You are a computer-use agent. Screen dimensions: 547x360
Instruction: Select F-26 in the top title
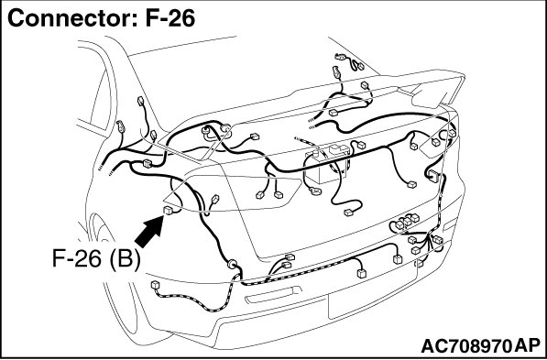point(170,17)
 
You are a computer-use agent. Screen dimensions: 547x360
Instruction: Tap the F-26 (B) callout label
point(96,259)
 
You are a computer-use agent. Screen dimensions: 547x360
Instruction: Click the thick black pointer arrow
point(149,232)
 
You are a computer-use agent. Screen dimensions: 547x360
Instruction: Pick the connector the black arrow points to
point(169,211)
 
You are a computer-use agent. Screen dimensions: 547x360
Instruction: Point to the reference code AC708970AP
point(481,346)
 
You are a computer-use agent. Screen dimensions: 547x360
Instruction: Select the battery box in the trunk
point(326,166)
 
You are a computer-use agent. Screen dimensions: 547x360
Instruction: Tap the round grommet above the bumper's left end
point(232,264)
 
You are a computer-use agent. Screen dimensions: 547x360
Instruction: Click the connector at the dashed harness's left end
point(155,285)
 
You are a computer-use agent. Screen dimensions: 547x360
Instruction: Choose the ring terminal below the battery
point(316,191)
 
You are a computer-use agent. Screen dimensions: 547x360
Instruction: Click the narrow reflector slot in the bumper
point(273,295)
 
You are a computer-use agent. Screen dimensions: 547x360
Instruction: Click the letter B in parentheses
point(125,259)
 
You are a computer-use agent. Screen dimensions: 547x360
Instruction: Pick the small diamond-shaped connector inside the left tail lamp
point(215,199)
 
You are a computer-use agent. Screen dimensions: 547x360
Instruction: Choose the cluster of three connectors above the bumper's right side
point(407,221)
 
